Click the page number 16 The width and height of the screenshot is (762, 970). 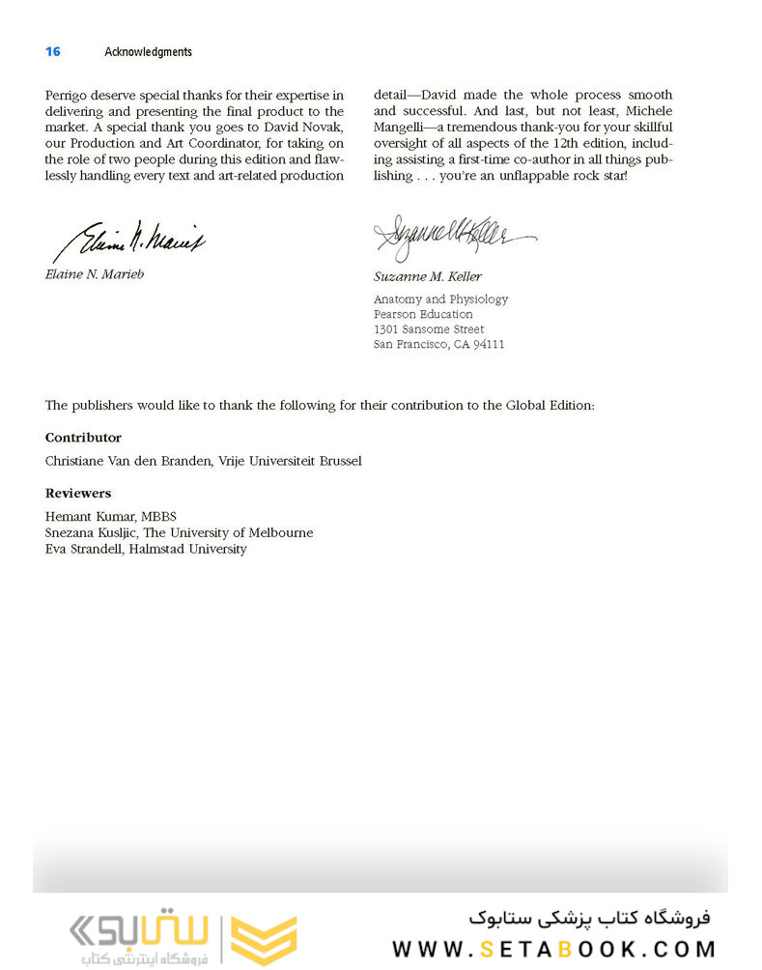pos(53,52)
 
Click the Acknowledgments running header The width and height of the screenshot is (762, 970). pos(148,52)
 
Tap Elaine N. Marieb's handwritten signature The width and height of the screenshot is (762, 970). pos(128,239)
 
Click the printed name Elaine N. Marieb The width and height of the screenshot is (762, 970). pos(95,274)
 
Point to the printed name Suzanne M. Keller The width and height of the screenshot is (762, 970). pos(427,276)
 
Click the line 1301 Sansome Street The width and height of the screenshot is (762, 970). pos(429,329)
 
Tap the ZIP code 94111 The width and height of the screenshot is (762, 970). pos(488,345)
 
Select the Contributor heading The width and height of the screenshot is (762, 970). pos(83,438)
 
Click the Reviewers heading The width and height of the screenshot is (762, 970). pos(78,493)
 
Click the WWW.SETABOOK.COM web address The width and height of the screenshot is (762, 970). pos(553,949)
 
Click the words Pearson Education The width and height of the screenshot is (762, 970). pos(423,314)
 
